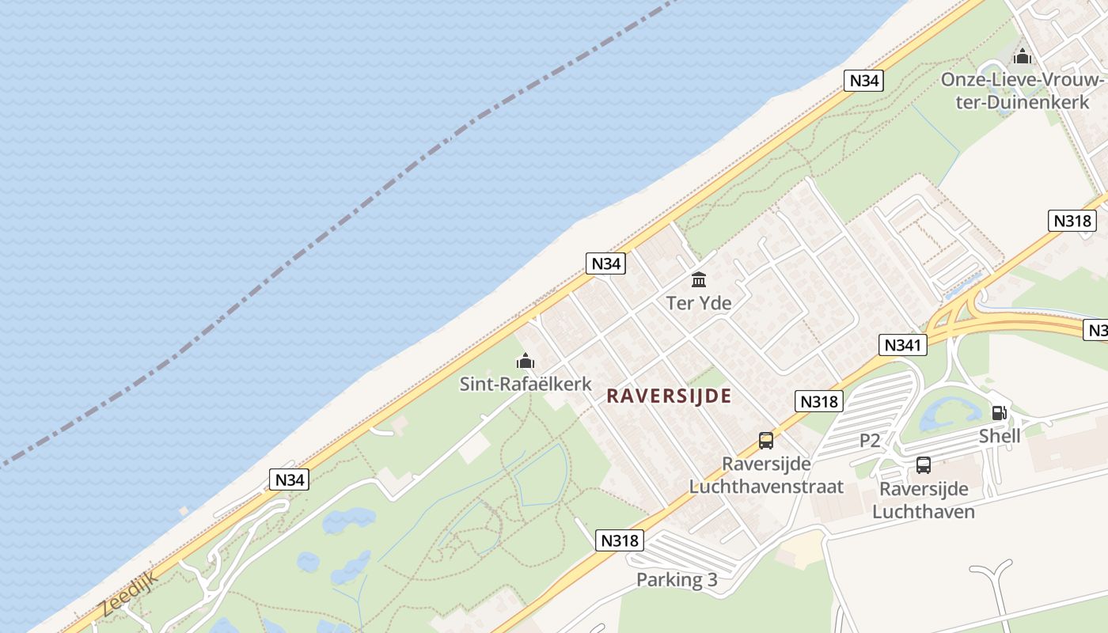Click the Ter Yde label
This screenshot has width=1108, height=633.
coord(699,303)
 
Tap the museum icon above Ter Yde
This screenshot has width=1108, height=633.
coord(699,279)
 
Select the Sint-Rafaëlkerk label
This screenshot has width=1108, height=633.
coord(526,385)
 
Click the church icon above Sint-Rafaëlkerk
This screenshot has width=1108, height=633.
coord(526,362)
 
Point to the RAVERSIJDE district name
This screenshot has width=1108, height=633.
coord(669,396)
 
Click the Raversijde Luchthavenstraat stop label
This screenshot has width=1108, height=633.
coord(766,475)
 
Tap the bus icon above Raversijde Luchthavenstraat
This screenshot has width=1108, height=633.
coord(766,441)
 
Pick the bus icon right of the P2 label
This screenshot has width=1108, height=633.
coord(924,465)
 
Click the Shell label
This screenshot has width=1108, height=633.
coord(1000,436)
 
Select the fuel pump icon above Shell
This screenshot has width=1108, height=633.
coord(1000,412)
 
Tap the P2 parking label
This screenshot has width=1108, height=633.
coord(870,441)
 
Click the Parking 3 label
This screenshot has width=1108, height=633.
coord(677,580)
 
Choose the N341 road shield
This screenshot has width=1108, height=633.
coord(903,345)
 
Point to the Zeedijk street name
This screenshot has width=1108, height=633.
coord(130,593)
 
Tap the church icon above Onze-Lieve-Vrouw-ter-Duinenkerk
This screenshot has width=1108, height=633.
coord(1023,57)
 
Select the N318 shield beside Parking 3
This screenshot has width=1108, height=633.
coord(619,540)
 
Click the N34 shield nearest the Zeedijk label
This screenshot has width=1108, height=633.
coord(289,479)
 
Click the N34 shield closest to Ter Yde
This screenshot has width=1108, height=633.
coord(605,263)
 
